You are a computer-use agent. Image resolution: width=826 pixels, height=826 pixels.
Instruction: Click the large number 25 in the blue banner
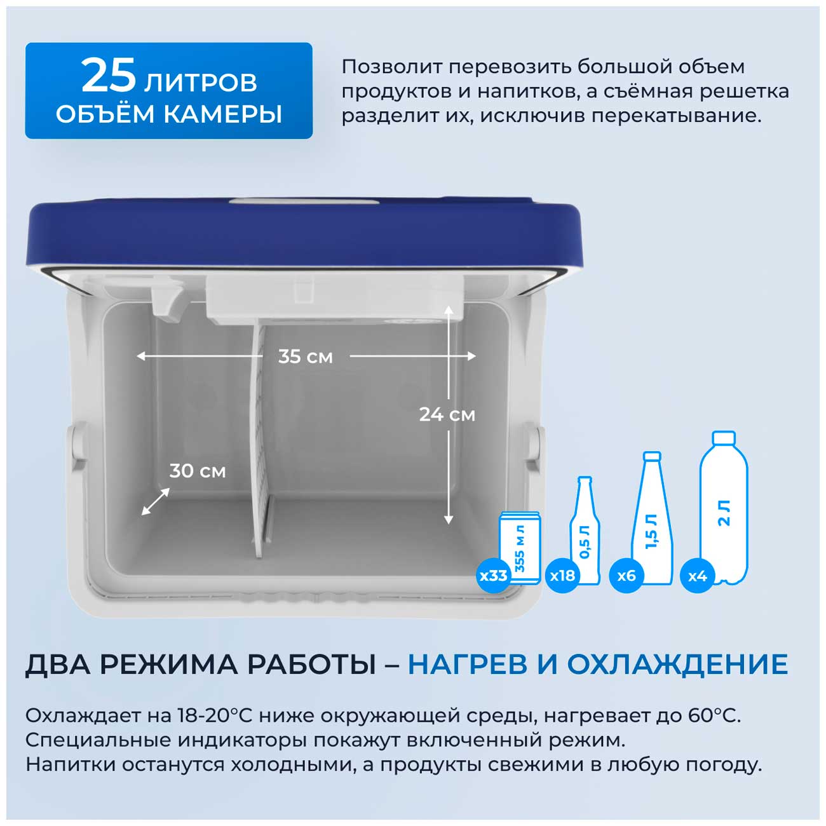click(x=109, y=76)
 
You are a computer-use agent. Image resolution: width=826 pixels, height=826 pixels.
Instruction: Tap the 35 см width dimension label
click(x=305, y=356)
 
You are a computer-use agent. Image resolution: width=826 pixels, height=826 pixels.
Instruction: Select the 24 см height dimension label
click(x=447, y=414)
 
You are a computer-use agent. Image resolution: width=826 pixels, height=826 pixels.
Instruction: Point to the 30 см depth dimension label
click(x=197, y=471)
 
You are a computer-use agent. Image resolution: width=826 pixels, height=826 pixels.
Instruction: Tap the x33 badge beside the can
click(x=494, y=575)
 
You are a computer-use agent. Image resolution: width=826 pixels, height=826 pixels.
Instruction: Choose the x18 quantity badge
click(x=563, y=575)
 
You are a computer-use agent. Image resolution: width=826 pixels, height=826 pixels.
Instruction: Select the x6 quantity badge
click(x=626, y=575)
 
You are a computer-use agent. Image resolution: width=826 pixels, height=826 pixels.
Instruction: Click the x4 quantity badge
click(x=698, y=575)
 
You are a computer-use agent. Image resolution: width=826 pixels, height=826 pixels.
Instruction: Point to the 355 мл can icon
click(x=520, y=548)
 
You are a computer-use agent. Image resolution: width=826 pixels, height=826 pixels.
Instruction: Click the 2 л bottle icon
click(x=724, y=508)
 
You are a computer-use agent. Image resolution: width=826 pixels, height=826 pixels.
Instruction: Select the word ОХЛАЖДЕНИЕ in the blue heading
click(x=678, y=665)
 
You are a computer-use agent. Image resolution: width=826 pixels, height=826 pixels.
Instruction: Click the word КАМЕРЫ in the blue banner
click(x=223, y=114)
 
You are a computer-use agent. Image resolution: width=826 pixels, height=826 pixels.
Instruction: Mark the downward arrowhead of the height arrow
click(x=449, y=520)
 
